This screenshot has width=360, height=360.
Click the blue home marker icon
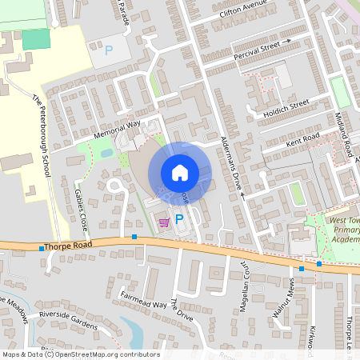[180, 172]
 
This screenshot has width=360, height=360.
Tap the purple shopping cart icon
[164, 222]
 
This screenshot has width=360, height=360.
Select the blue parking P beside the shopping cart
[179, 218]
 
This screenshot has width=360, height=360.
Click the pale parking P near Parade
[109, 50]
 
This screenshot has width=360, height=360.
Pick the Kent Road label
[302, 141]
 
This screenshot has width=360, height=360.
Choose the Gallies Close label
[80, 206]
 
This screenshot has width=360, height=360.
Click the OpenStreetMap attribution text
[80, 354]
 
